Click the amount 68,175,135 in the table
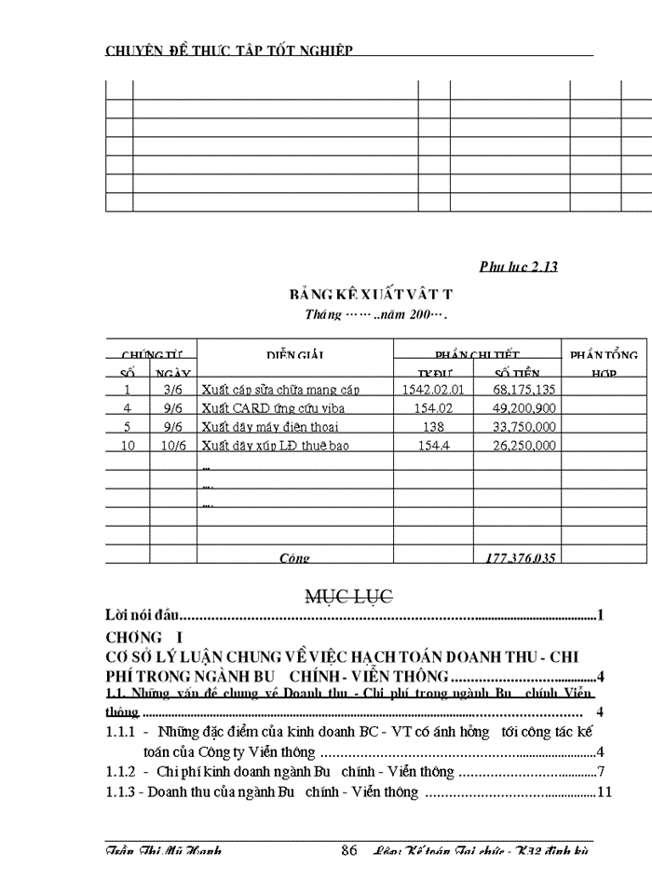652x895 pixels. [525, 390]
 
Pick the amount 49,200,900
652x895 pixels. [525, 408]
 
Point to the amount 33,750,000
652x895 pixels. [525, 427]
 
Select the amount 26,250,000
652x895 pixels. [525, 446]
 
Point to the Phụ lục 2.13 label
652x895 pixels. [518, 268]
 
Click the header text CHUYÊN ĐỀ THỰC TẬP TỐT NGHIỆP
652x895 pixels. [228, 49]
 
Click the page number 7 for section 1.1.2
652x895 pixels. [603, 772]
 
